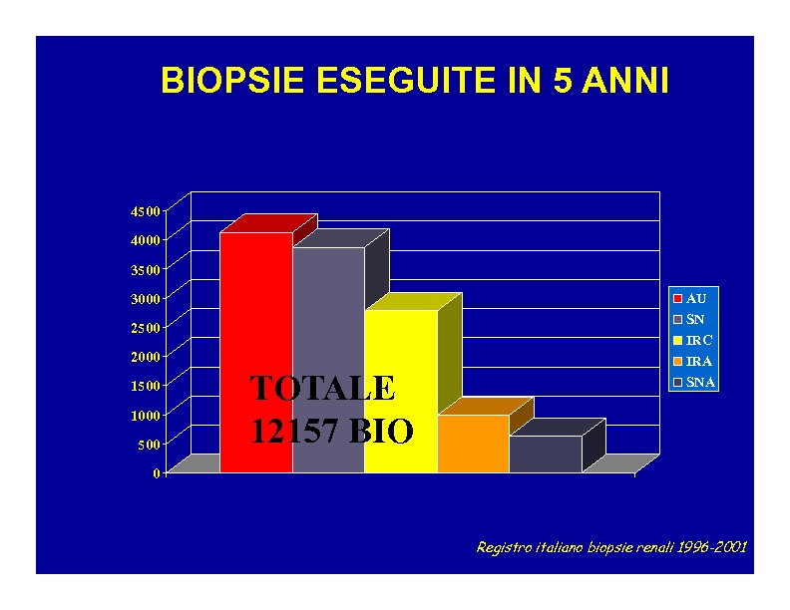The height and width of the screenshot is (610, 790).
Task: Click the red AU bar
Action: (x=256, y=352)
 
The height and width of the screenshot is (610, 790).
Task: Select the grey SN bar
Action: (x=328, y=360)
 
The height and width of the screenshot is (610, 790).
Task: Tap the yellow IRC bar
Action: (x=401, y=391)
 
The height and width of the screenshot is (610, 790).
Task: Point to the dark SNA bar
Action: (x=546, y=454)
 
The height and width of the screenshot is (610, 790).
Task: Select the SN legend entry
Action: (x=689, y=320)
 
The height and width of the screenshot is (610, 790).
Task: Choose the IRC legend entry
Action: (x=693, y=341)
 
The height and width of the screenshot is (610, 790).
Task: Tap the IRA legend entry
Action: (x=693, y=362)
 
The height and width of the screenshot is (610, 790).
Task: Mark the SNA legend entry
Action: (x=694, y=383)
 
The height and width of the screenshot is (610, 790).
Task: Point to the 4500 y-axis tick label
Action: (x=145, y=211)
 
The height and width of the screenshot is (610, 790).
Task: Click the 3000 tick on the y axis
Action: (x=145, y=298)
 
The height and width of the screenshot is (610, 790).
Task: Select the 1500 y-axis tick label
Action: (x=145, y=386)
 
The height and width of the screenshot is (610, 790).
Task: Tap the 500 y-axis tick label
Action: (x=150, y=445)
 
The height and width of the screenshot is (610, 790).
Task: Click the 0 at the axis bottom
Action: (x=157, y=473)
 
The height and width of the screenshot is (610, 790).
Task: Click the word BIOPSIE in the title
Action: (x=232, y=80)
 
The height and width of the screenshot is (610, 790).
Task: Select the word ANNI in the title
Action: (x=625, y=80)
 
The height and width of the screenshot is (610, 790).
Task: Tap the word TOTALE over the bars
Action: (x=322, y=388)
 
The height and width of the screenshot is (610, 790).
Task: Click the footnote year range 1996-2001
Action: (x=711, y=547)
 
